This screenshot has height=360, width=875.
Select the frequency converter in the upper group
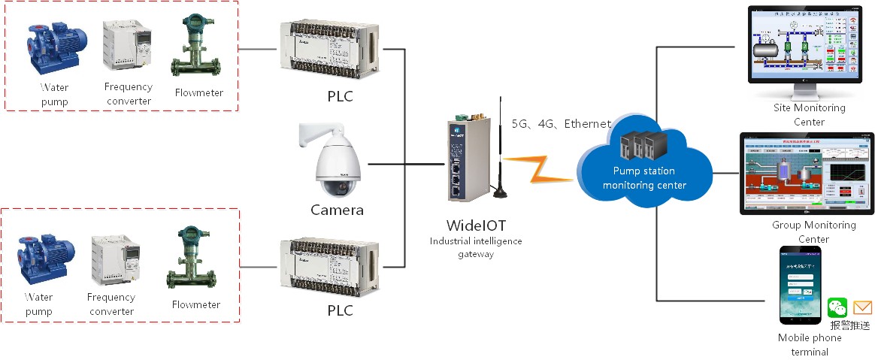(x=127, y=44)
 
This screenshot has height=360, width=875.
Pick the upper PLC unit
(x=329, y=52)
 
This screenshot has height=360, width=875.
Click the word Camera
(x=337, y=210)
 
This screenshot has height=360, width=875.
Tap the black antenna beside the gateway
(x=498, y=150)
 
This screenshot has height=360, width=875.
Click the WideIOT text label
(x=475, y=225)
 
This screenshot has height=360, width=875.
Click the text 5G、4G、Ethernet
(x=561, y=124)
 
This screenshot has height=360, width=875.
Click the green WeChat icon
(x=837, y=307)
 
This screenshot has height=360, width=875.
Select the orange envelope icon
(x=862, y=307)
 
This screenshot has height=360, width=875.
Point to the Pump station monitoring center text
(x=644, y=178)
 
